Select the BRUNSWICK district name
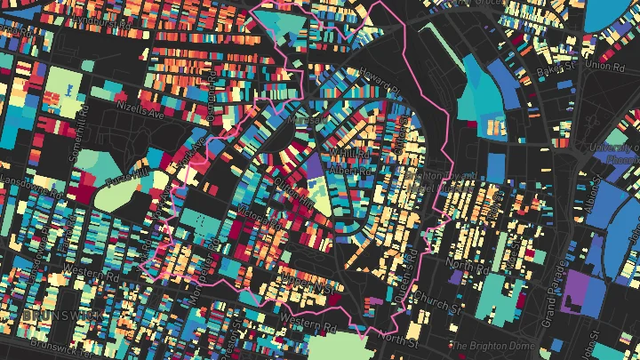[52, 316]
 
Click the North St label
[397, 338]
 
